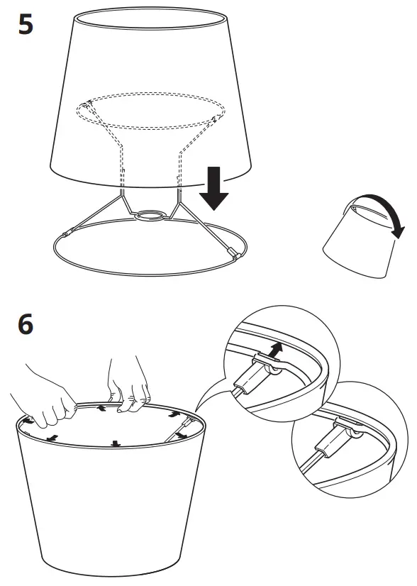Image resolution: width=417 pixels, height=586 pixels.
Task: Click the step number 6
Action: pos(24,326)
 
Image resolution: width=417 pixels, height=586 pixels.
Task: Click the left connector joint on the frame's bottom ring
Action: pos(67,233)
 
